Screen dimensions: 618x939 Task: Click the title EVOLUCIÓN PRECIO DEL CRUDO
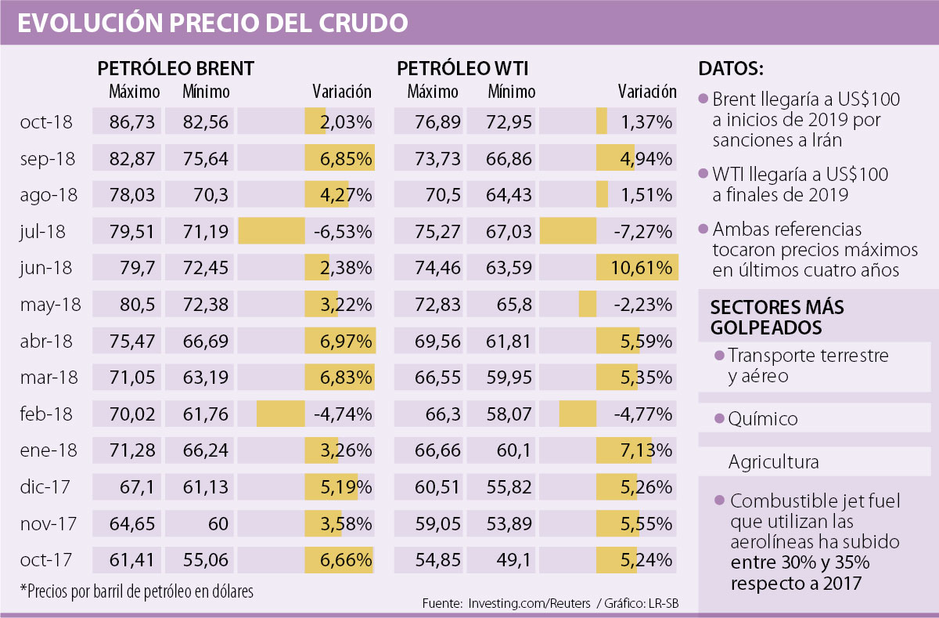pos(212,23)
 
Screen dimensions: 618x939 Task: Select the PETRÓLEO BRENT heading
pos(175,69)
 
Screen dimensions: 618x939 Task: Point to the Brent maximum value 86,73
pos(135,122)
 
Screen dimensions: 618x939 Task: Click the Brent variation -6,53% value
pos(345,231)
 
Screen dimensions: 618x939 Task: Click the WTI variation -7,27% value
pos(644,231)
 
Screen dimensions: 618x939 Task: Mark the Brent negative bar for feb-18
pos(280,414)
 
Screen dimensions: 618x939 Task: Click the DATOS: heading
pos(730,69)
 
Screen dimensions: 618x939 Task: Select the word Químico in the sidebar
pos(763,419)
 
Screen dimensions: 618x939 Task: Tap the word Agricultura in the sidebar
pos(773,462)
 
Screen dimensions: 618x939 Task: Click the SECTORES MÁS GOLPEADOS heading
pos(767,316)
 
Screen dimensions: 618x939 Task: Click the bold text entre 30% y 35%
pos(793,562)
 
